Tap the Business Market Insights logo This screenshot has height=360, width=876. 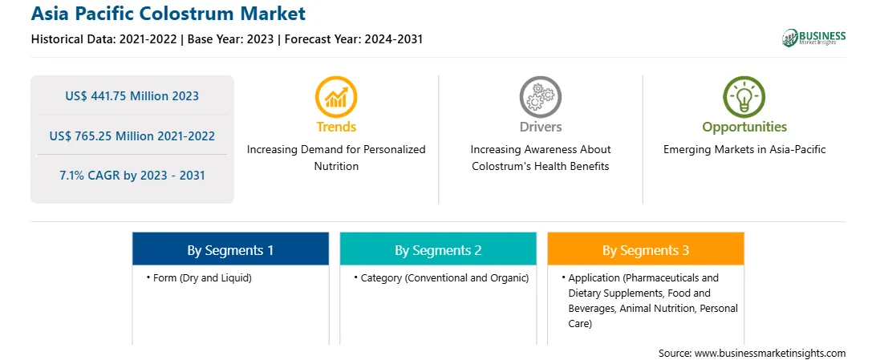pyautogui.click(x=813, y=38)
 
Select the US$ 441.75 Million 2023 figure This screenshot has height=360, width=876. pyautogui.click(x=132, y=96)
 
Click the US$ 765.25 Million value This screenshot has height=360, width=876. pyautogui.click(x=112, y=136)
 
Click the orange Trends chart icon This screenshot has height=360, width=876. pyautogui.click(x=336, y=97)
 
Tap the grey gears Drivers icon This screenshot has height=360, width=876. pyautogui.click(x=540, y=97)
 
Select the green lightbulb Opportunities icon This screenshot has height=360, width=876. pyautogui.click(x=744, y=97)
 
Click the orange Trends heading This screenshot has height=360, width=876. pyautogui.click(x=336, y=127)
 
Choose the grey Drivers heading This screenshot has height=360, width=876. pyautogui.click(x=540, y=127)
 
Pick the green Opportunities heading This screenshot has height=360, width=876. pyautogui.click(x=744, y=127)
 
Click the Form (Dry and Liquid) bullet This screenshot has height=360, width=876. pyautogui.click(x=199, y=278)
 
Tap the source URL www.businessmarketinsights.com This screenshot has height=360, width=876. pyautogui.click(x=770, y=354)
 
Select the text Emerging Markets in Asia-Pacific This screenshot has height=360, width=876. pyautogui.click(x=744, y=150)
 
